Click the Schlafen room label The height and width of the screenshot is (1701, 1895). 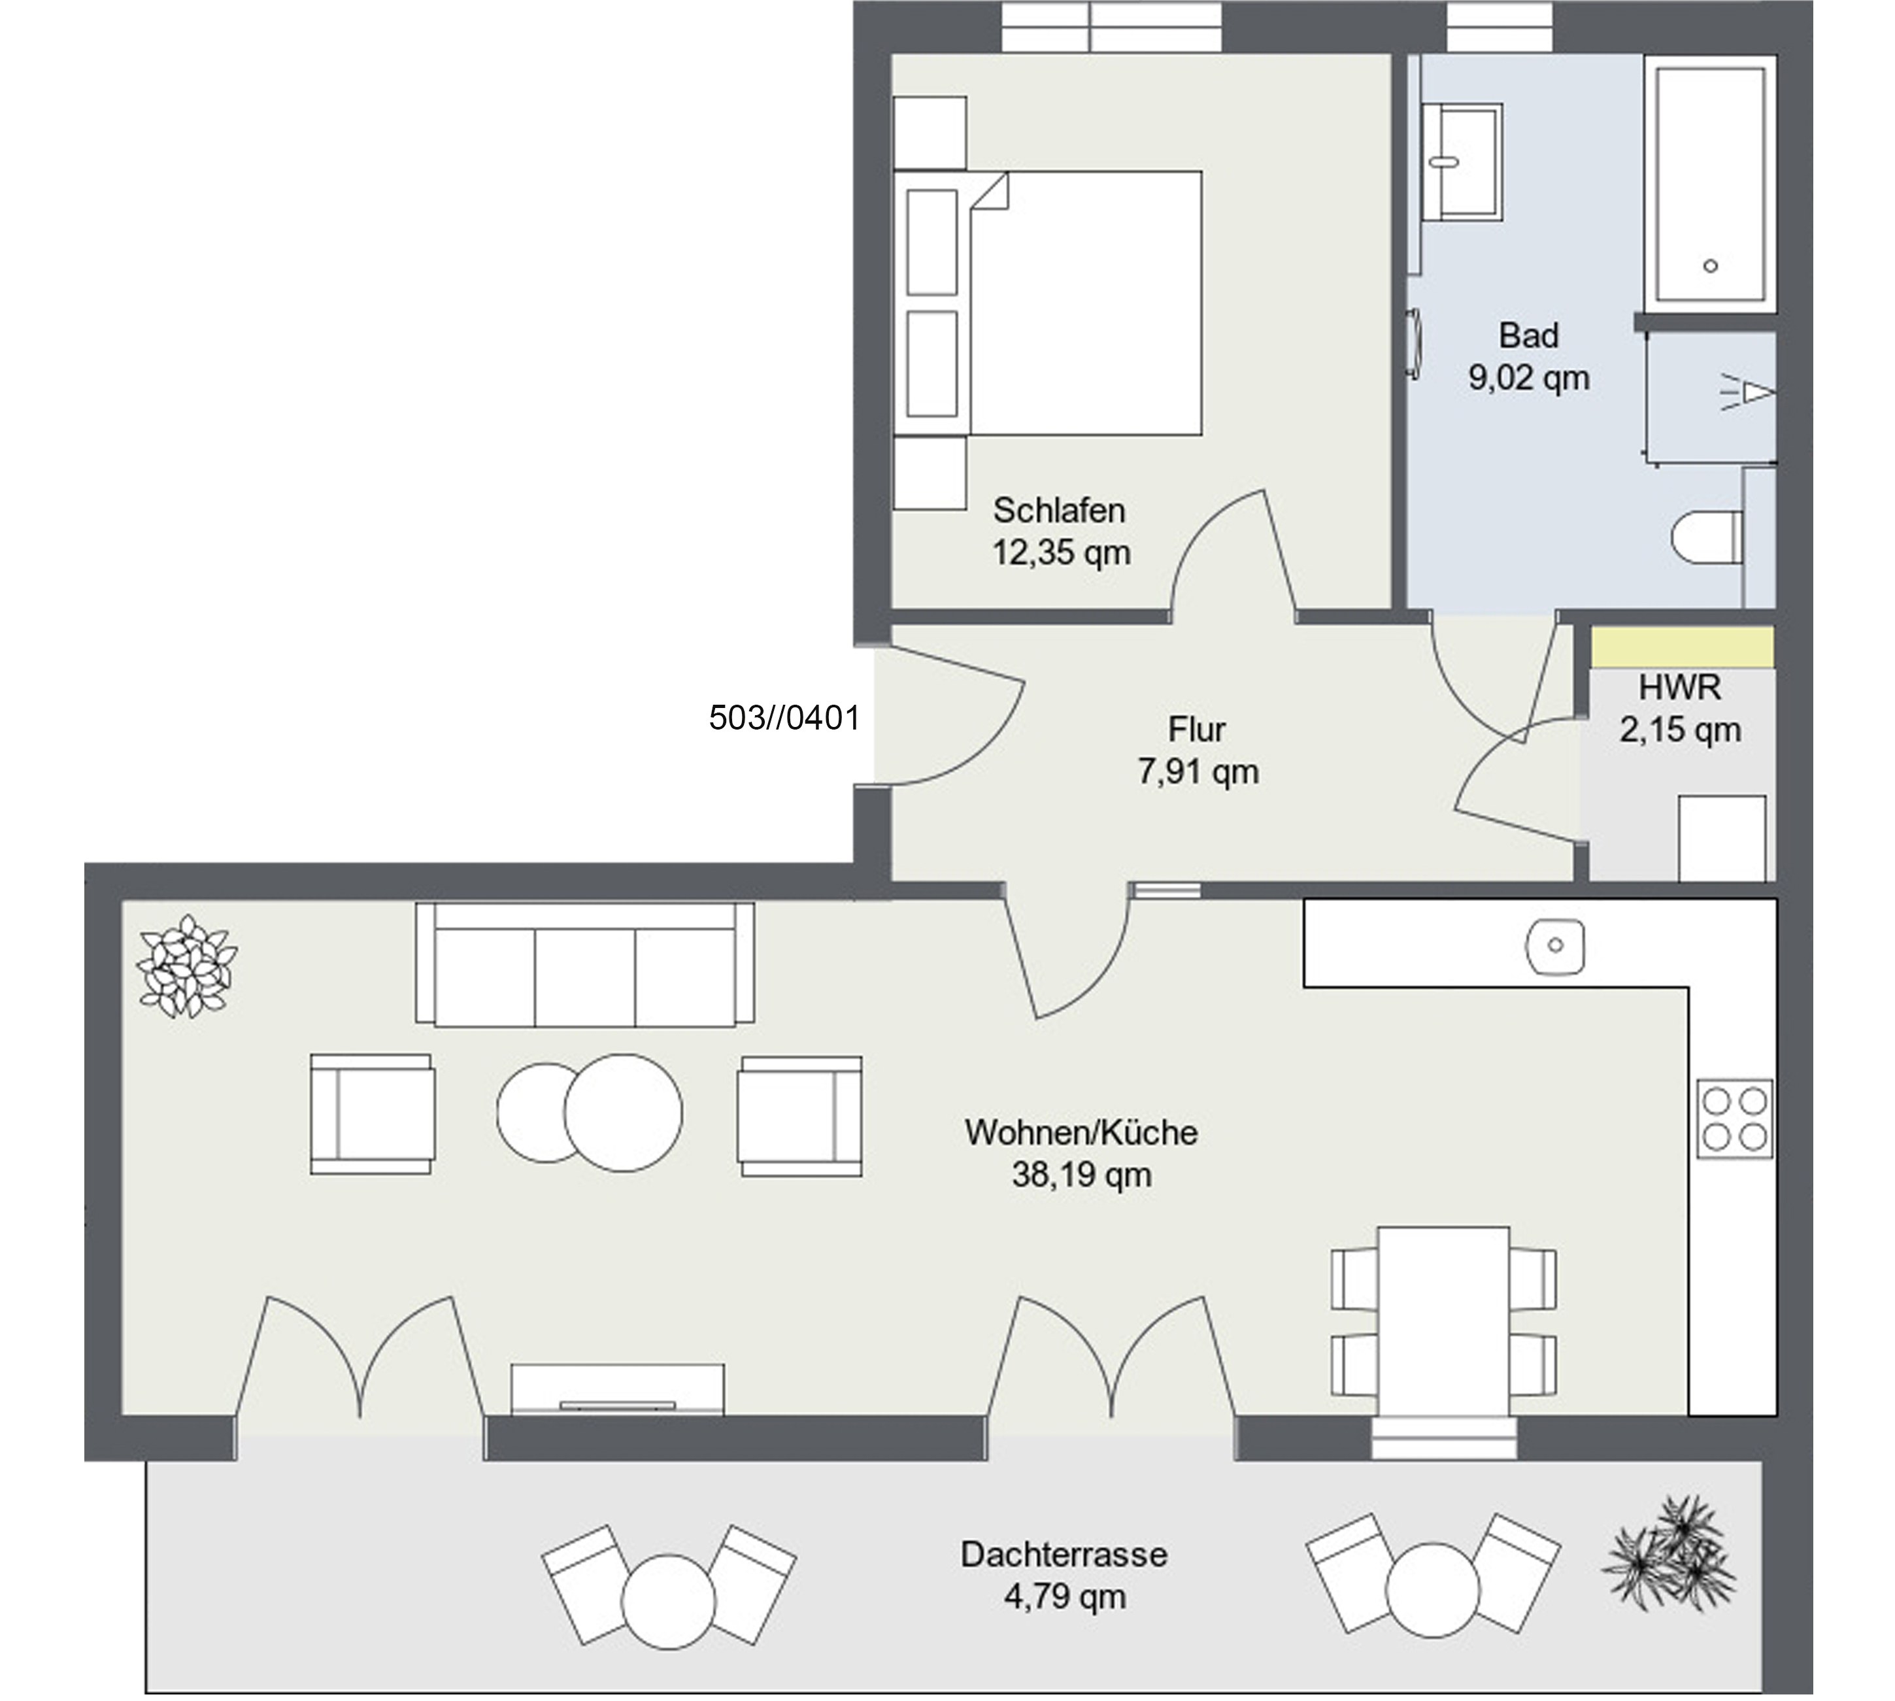coord(1059,511)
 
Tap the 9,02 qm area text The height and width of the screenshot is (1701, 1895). coord(1529,378)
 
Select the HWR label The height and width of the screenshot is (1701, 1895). coord(1679,687)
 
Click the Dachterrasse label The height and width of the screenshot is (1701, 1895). coord(1064,1555)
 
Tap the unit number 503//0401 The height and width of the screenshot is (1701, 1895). coord(784,717)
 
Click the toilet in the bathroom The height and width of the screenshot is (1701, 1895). coord(1706,537)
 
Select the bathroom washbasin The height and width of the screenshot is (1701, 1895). coord(1462,161)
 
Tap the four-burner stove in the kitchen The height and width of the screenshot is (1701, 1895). coord(1734,1119)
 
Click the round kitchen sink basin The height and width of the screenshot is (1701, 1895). coord(1555,945)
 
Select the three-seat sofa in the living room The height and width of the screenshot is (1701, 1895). coord(585,964)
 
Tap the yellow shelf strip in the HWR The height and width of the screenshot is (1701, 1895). coord(1682,647)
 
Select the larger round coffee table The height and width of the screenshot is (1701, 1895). coord(623,1112)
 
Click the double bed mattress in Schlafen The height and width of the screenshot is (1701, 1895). coord(1086,303)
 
